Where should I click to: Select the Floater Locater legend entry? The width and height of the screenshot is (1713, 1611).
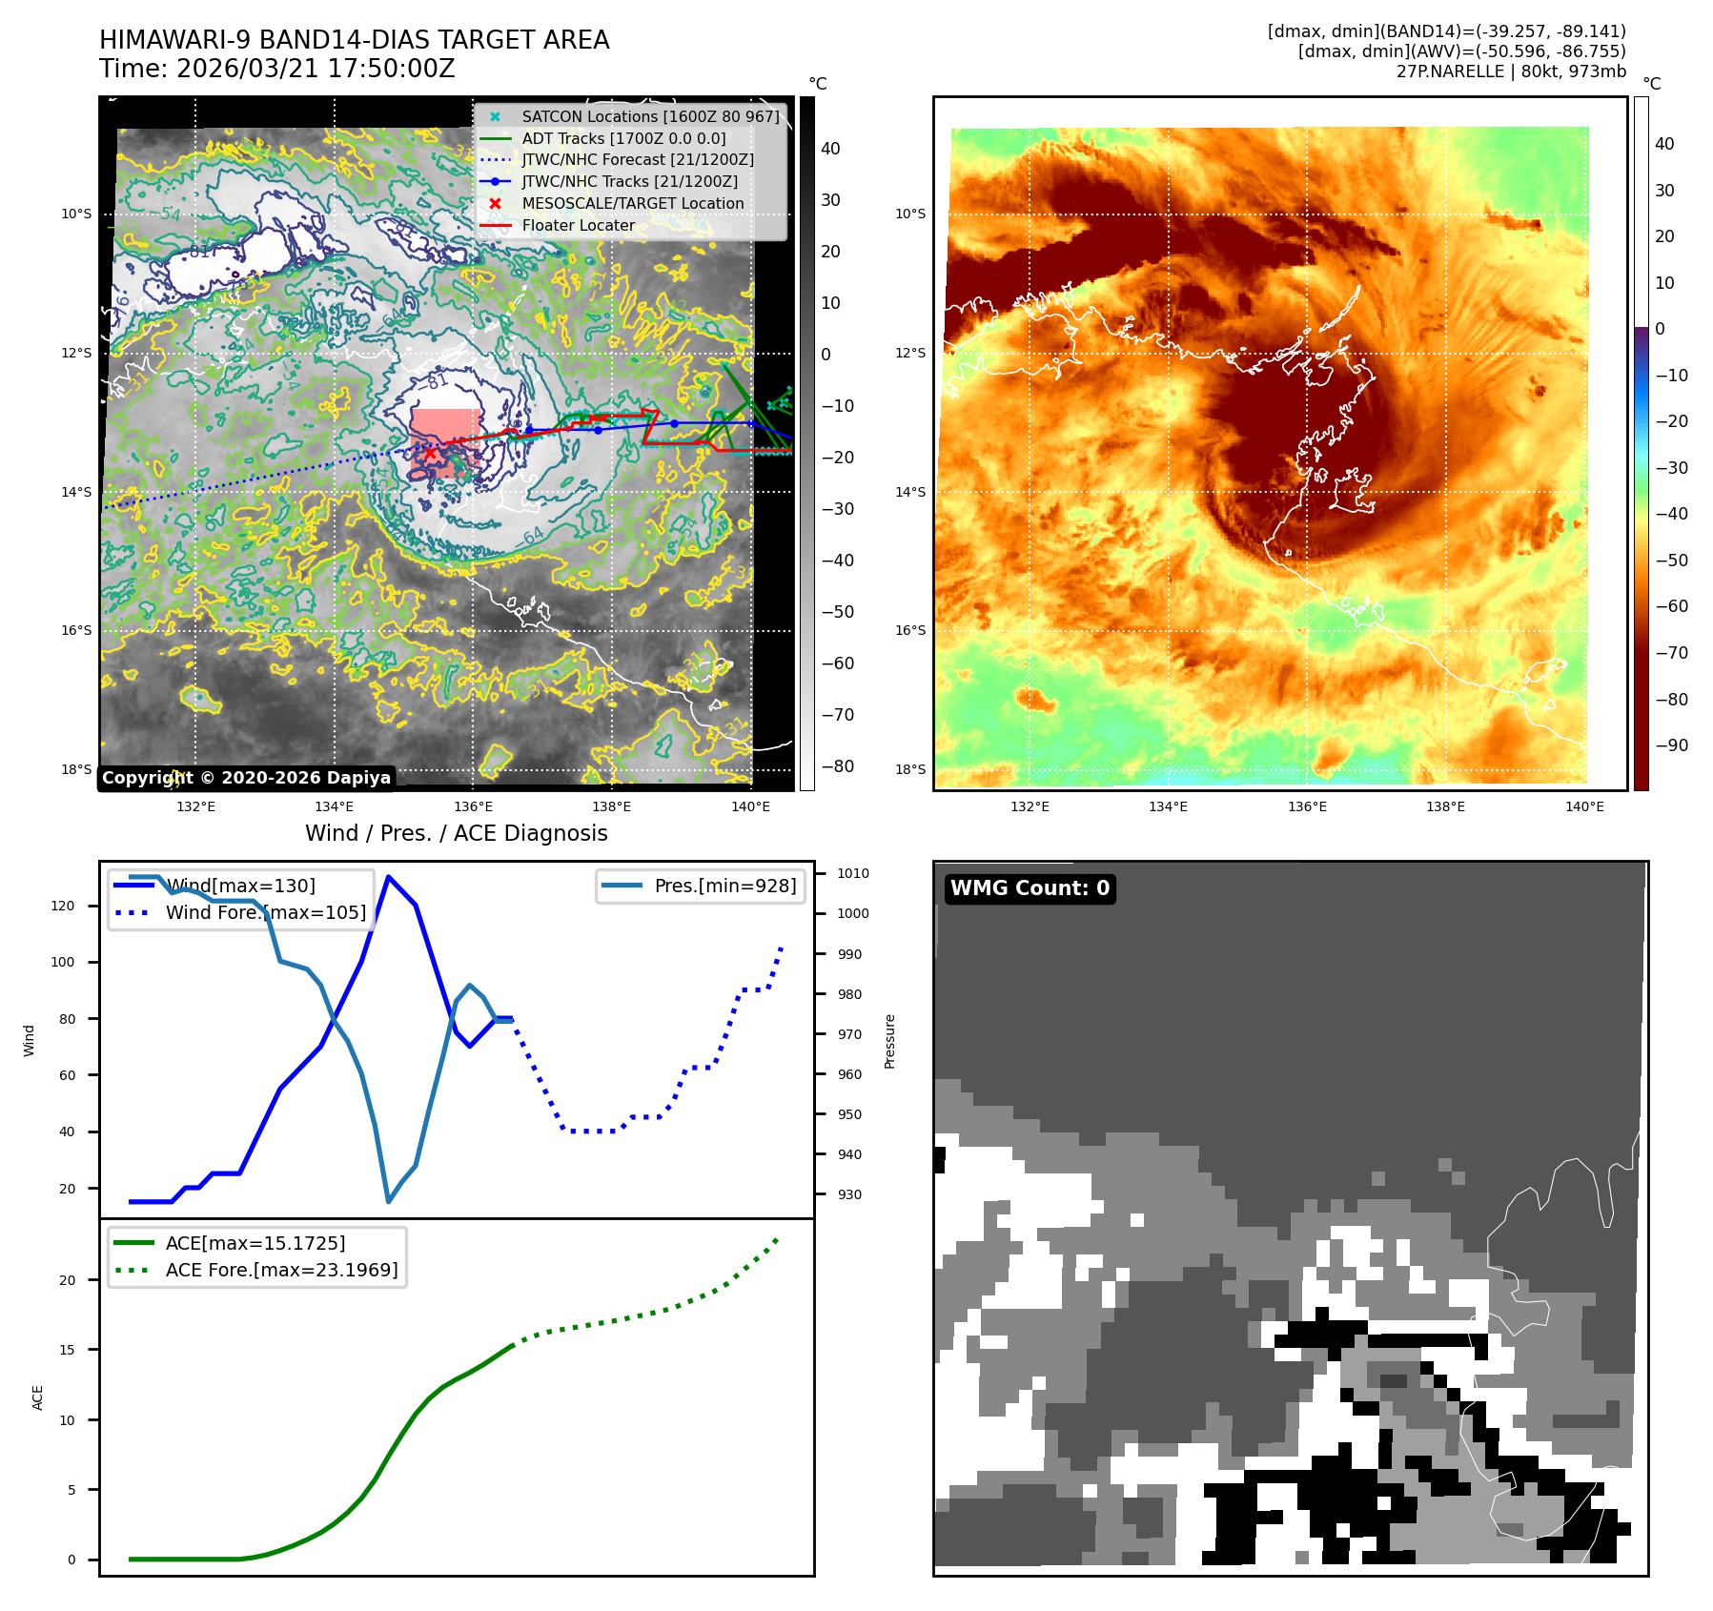578,225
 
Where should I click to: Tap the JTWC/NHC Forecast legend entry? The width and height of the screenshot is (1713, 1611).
637,159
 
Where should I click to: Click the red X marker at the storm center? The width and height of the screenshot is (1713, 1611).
430,453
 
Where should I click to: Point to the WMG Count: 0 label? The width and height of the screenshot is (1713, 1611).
1030,888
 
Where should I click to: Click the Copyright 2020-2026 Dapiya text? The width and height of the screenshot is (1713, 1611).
246,778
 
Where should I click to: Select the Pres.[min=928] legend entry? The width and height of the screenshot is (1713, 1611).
724,886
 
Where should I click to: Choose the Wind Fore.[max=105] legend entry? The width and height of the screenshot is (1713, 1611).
265,912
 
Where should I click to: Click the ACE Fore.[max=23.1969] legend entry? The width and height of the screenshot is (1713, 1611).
281,1270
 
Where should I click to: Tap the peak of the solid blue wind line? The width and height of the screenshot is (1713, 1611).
388,876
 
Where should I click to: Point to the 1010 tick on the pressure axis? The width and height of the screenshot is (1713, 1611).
853,873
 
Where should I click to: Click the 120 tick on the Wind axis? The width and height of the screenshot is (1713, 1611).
63,906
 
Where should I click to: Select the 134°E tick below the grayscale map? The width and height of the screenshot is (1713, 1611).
335,806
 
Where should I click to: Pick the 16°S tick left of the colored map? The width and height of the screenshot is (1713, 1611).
910,630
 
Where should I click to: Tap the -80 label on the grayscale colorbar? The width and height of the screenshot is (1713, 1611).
838,766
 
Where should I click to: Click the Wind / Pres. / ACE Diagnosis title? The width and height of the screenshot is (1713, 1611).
456,833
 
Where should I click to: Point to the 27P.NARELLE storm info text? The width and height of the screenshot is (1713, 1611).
1511,71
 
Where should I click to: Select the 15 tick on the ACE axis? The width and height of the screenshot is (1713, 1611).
67,1349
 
